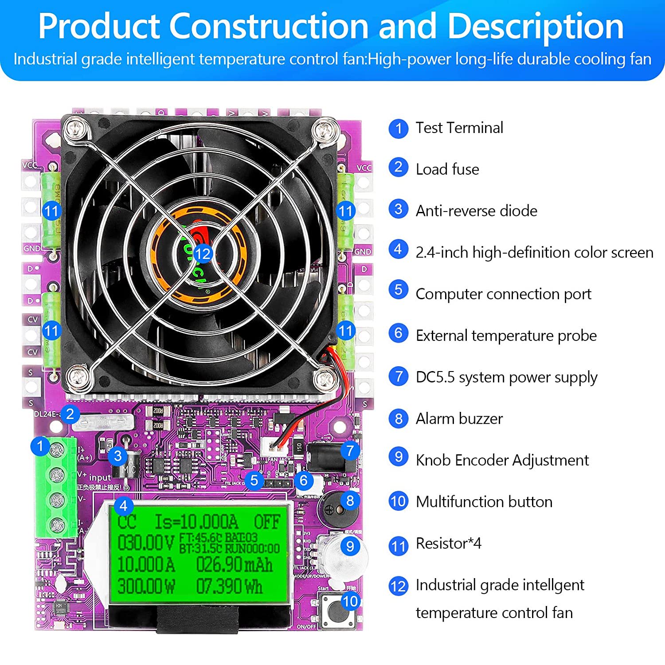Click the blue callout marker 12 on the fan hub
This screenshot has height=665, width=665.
[x=203, y=254]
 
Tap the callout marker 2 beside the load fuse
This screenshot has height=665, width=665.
[x=70, y=414]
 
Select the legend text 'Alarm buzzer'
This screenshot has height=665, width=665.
[x=459, y=419]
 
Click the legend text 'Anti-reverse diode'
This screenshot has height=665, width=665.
[x=476, y=211]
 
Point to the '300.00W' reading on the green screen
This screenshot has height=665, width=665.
[x=146, y=586]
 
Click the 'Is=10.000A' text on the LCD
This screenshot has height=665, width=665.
[x=196, y=522]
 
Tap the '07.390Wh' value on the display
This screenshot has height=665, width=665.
[x=229, y=586]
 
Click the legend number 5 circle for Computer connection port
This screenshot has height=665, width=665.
[x=398, y=290]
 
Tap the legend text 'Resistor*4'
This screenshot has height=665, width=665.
[x=448, y=543]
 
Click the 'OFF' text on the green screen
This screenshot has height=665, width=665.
[x=267, y=522]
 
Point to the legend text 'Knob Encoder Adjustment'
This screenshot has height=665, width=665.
[x=502, y=460]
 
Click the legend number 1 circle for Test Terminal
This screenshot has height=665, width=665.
[x=398, y=129]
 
